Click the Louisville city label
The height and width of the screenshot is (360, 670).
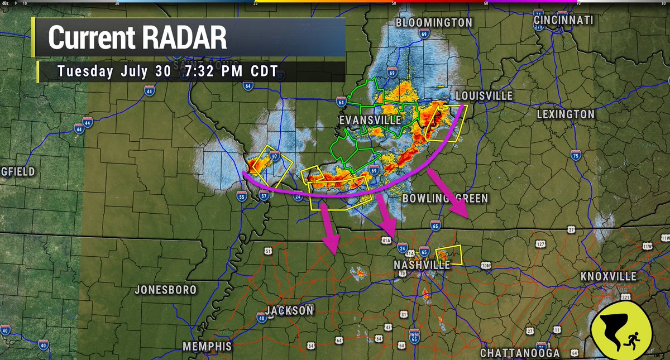(484, 96)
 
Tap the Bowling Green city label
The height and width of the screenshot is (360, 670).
(444, 199)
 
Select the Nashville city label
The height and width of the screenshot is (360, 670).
(422, 265)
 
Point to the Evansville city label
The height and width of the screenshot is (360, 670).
(370, 121)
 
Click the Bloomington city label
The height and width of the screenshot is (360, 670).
(434, 23)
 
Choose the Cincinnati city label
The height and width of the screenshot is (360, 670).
(563, 20)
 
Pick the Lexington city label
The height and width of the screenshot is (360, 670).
(565, 114)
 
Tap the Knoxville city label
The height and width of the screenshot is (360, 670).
(608, 277)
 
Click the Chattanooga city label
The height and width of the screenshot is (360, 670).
(519, 353)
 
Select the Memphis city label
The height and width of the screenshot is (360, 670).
(207, 347)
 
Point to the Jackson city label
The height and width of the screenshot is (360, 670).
(289, 311)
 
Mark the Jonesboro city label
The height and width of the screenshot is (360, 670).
(166, 290)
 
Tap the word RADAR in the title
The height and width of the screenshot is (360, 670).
(184, 38)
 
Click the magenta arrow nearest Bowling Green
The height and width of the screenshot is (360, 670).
(450, 195)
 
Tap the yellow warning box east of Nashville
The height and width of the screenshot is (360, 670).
(449, 255)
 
